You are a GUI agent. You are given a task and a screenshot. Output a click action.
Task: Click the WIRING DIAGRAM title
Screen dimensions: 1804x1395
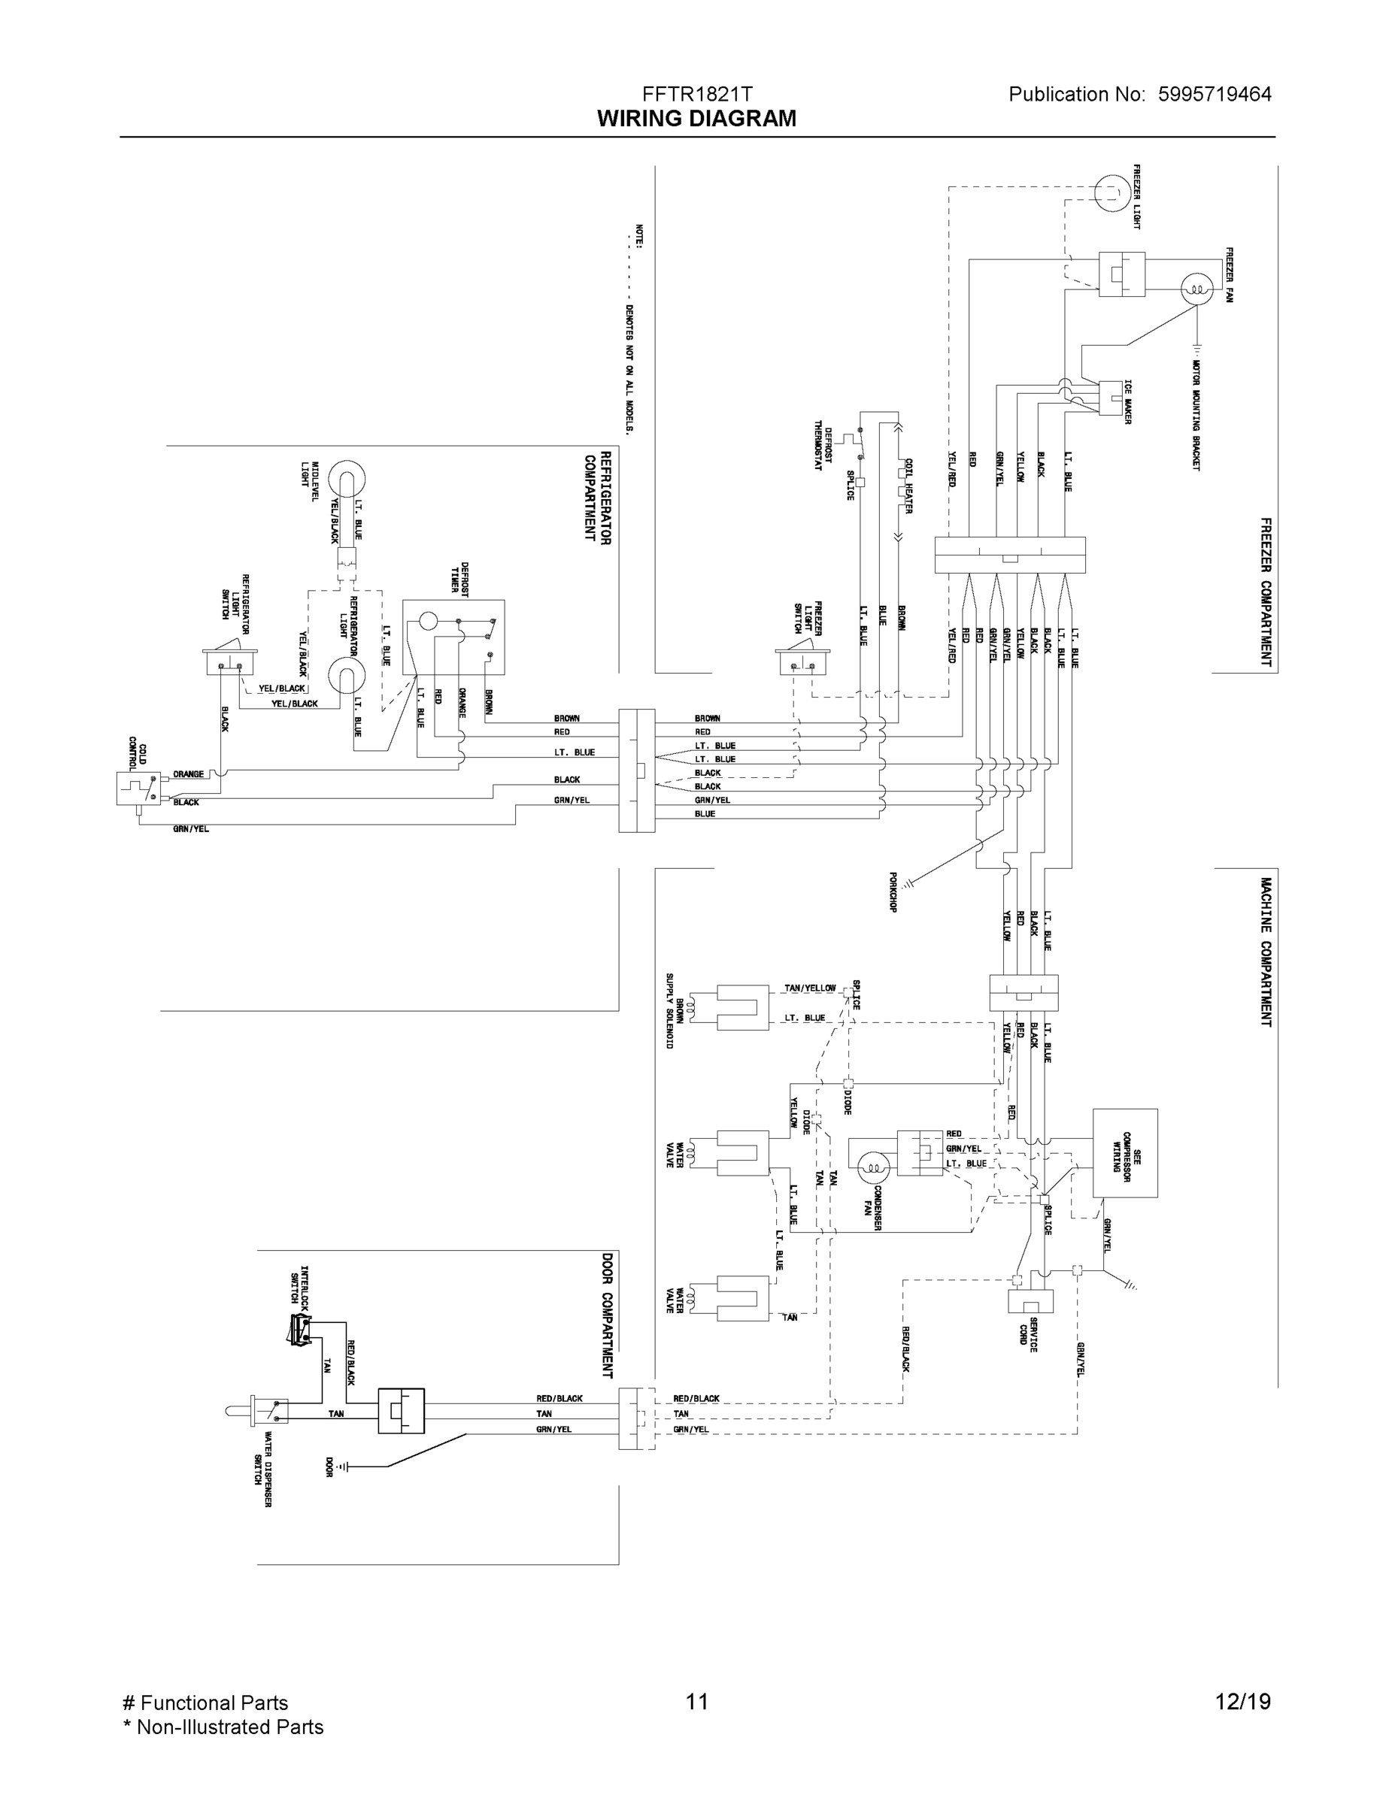pyautogui.click(x=696, y=119)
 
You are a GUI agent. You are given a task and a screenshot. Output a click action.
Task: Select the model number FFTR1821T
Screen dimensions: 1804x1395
pyautogui.click(x=696, y=94)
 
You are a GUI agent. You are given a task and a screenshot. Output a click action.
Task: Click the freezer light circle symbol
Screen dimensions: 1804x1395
pyautogui.click(x=1111, y=193)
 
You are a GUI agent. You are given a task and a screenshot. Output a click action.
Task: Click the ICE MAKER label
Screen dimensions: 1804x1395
pyautogui.click(x=1127, y=402)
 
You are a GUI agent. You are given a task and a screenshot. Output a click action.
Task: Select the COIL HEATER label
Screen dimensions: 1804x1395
pyautogui.click(x=908, y=486)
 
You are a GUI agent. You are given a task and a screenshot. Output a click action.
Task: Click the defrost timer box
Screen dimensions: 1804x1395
pyautogui.click(x=453, y=637)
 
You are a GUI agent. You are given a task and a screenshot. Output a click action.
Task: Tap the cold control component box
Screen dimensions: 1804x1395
pyautogui.click(x=138, y=788)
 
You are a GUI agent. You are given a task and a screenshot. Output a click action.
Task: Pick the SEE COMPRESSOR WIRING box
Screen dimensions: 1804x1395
pyautogui.click(x=1125, y=1152)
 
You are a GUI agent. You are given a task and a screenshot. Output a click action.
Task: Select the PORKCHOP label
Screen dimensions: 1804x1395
pyautogui.click(x=893, y=892)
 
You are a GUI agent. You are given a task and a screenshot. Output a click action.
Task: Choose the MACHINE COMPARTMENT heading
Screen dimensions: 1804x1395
pyautogui.click(x=1265, y=952)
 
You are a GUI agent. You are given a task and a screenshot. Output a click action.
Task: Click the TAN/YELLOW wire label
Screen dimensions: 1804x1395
pyautogui.click(x=809, y=988)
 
